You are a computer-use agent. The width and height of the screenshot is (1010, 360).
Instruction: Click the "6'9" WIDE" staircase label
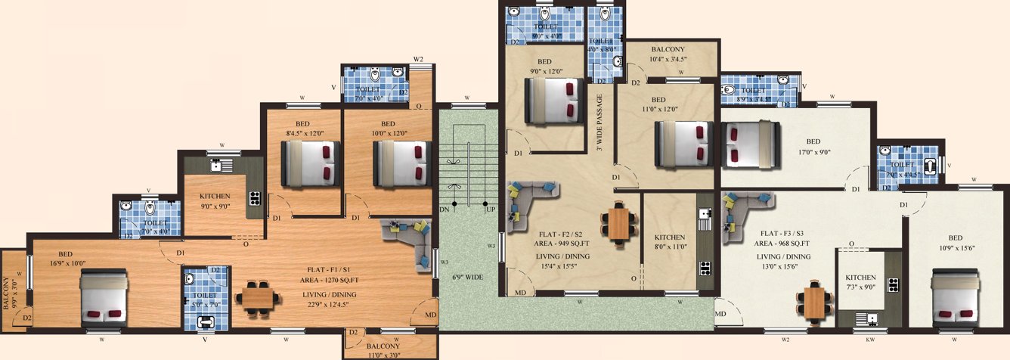(x=468, y=278)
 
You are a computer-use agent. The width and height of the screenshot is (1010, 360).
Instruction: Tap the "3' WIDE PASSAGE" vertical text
(x=599, y=123)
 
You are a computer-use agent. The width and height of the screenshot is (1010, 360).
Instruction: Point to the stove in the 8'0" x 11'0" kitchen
(x=705, y=267)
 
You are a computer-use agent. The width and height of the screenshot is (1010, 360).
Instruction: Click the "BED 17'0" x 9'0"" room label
(x=813, y=147)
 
